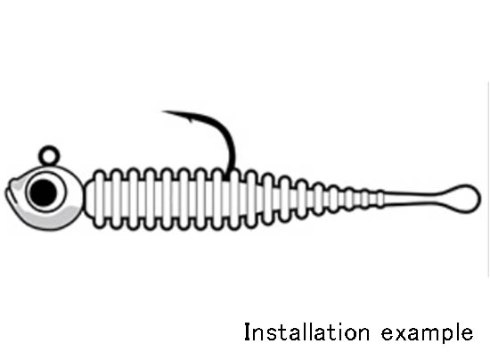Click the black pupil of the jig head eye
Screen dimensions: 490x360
(43, 192)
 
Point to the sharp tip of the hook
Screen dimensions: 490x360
(162, 111)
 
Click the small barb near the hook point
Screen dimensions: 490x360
(190, 119)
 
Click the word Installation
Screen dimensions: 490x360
(306, 332)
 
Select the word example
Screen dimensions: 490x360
(427, 333)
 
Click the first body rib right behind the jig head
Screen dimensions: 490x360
(100, 199)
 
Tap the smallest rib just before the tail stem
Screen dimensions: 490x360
(380, 199)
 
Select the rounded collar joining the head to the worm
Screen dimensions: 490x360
(88, 199)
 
